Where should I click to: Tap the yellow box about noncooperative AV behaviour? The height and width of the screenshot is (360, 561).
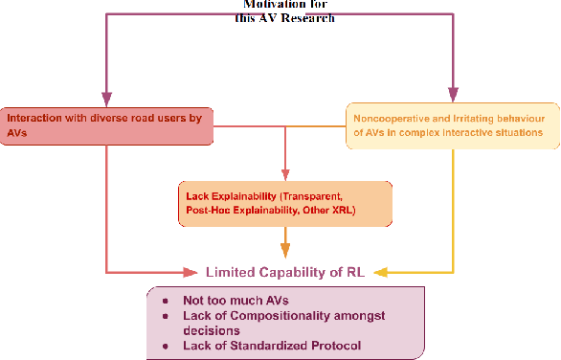453,125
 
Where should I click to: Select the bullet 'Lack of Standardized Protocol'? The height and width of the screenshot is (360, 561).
269,344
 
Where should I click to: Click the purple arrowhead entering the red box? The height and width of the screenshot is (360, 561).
107,99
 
